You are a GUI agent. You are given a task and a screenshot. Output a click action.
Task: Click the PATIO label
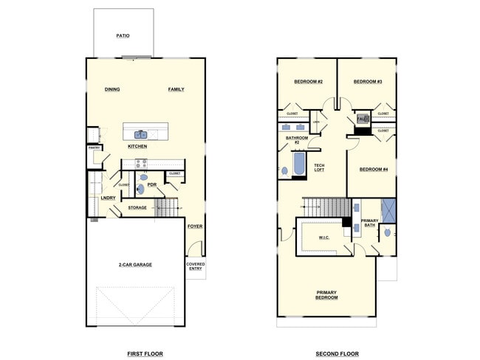123,35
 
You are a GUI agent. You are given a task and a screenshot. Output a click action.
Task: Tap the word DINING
112,89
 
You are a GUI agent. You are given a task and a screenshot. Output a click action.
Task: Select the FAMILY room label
176,89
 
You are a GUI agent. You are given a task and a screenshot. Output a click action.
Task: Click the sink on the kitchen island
140,134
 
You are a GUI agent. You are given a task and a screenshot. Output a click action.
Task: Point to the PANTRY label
94,147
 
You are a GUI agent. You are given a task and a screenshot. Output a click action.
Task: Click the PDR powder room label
152,184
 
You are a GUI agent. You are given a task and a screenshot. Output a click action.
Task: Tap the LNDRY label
107,198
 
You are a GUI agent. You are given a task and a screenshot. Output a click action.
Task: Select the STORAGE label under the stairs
137,208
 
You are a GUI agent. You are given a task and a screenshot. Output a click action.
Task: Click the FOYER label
195,226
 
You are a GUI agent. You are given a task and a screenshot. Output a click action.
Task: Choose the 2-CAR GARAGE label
135,264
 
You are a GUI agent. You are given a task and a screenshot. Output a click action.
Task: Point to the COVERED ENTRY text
196,266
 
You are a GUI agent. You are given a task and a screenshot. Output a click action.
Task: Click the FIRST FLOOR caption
145,353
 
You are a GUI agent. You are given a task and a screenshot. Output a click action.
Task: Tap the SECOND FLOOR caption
337,353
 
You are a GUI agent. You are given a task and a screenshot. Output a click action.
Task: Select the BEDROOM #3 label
367,81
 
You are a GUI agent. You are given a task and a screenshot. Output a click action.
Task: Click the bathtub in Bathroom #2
299,165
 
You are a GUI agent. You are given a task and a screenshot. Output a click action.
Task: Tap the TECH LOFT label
319,167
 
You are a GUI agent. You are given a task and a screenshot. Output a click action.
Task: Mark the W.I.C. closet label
323,238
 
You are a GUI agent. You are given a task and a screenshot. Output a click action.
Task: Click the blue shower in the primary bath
389,210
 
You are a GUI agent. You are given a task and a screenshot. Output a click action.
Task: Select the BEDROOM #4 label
373,169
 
